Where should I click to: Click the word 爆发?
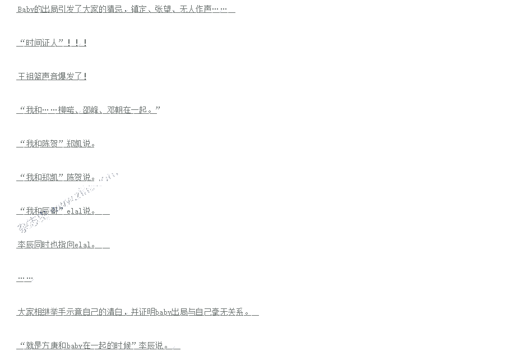(74, 76)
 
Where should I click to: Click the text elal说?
(78, 211)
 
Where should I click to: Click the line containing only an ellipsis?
(25, 278)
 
